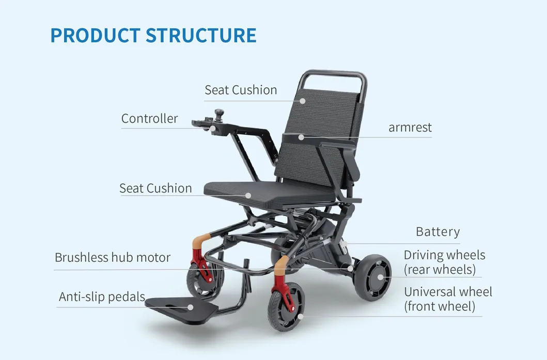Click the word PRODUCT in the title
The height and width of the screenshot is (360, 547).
(x=95, y=35)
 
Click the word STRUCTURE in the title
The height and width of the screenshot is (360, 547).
(x=201, y=35)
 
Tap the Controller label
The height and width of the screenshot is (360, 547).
(x=149, y=119)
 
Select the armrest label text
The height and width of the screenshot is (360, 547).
(x=410, y=127)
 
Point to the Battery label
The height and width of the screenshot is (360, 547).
(x=437, y=232)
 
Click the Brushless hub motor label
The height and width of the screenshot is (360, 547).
(x=113, y=257)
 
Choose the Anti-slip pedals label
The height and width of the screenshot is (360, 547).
(x=102, y=297)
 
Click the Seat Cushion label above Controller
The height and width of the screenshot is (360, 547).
(x=241, y=90)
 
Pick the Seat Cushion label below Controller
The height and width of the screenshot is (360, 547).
(x=155, y=188)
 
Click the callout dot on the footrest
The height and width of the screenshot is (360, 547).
(x=191, y=307)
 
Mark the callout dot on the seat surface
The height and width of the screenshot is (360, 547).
(x=248, y=195)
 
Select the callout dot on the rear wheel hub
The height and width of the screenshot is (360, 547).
(x=381, y=276)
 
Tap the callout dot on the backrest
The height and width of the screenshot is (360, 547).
(x=303, y=101)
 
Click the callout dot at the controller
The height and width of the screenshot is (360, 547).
(x=212, y=129)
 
